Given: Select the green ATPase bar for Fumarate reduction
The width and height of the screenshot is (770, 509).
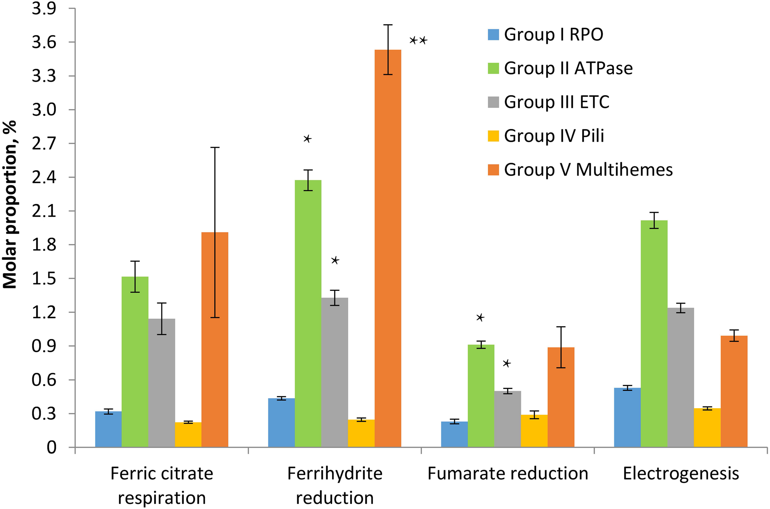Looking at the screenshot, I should point(481,396).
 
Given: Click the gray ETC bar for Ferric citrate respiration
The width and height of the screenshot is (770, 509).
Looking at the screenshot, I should point(162,383).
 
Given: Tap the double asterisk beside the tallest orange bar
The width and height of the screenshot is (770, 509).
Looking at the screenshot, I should point(418,41).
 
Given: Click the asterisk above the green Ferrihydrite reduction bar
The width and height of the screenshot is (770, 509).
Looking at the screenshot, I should point(307,139).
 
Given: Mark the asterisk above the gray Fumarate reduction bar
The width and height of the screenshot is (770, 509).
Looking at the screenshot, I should point(507,363).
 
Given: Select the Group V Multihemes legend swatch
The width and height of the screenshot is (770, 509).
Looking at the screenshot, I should point(493,170).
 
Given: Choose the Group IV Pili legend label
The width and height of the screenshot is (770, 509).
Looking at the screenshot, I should point(554,136).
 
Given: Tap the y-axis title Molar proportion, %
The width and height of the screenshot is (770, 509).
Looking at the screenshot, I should point(10,204).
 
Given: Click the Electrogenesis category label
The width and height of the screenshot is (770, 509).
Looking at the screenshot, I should point(681,474).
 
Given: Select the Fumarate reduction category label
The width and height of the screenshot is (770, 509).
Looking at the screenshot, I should point(508,474).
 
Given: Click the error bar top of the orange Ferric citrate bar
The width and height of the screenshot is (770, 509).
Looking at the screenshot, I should point(215,147).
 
